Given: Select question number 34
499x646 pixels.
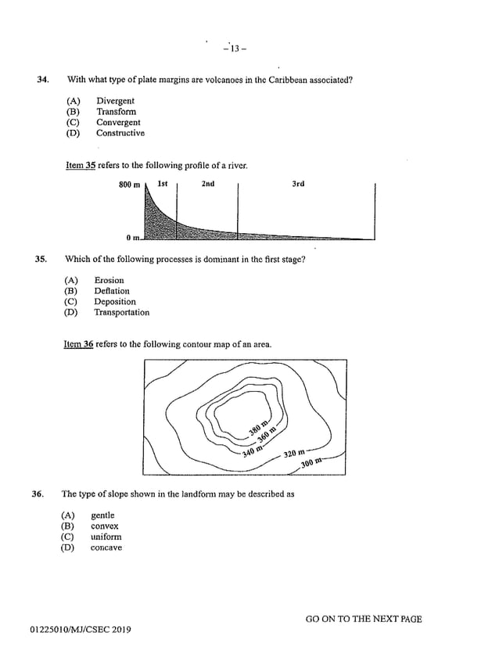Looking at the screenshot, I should coord(44,80).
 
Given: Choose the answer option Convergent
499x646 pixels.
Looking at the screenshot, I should coord(118,123).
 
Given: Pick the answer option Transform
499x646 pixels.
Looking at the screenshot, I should coord(116,112).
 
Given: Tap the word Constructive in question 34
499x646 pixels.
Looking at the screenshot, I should coord(120,134).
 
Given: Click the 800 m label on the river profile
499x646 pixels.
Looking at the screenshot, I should coord(129,185).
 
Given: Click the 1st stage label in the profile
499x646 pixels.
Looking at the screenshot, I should coord(163,185).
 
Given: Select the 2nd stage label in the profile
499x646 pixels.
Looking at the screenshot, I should coord(207,185).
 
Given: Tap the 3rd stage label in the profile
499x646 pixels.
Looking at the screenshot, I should coord(298,185).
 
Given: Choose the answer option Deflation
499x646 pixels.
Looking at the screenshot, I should coord(112,291).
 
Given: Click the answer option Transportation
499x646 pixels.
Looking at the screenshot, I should coord(121,313).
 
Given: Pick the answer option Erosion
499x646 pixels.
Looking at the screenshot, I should coord(109,280).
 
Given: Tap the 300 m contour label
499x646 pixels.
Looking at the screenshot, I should coord(311,464).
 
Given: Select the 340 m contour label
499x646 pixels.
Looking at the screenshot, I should coord(253,450).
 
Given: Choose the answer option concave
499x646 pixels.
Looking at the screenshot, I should coord(106,548).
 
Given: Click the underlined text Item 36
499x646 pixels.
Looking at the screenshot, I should coord(78,344).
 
